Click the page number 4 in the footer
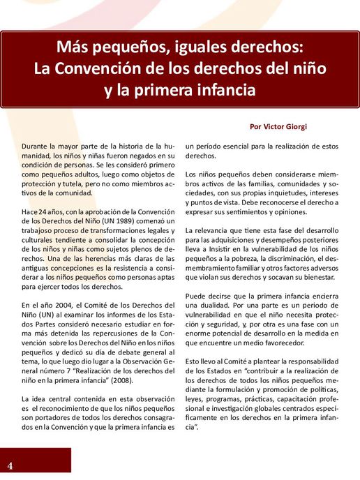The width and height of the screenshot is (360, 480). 10,465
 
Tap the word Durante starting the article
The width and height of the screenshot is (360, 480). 36,146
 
